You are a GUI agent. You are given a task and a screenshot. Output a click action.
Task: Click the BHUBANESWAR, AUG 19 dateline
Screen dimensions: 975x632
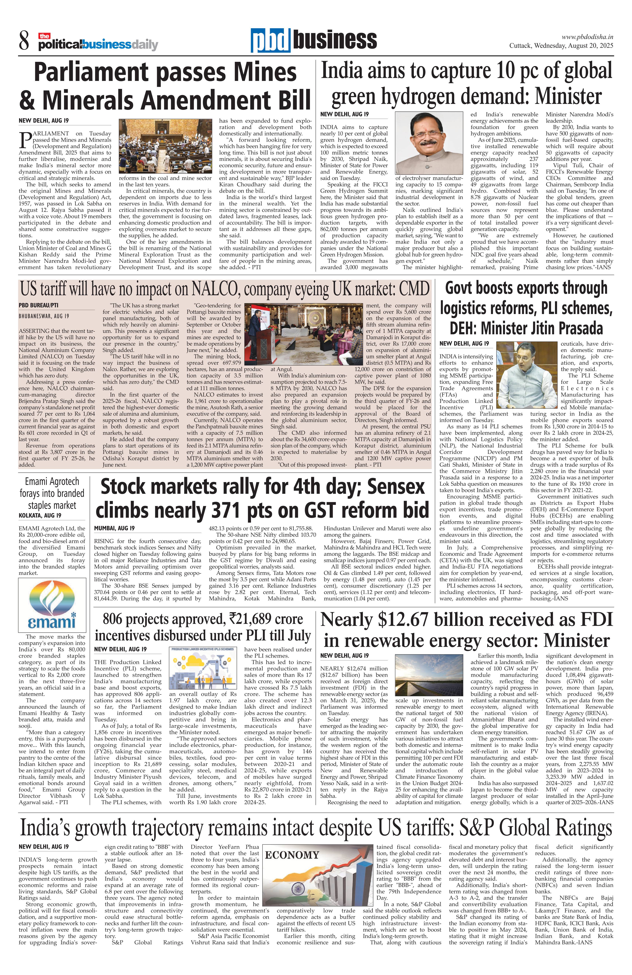44,316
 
